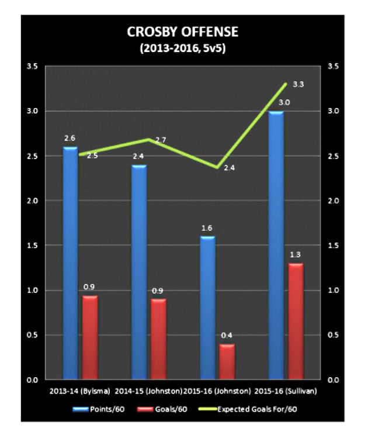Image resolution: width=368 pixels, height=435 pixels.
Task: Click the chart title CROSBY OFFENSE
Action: [184, 33]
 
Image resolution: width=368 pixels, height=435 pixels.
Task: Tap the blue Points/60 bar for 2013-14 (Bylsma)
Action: [70, 263]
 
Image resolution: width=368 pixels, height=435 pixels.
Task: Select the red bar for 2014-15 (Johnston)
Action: [158, 339]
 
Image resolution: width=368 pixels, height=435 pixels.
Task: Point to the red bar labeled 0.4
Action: [227, 362]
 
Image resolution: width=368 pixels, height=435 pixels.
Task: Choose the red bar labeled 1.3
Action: [296, 322]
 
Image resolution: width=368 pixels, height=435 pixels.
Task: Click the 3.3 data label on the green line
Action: [298, 84]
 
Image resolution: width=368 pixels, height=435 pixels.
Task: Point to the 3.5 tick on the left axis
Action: [33, 67]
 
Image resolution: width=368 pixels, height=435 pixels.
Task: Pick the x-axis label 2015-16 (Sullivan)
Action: [286, 389]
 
